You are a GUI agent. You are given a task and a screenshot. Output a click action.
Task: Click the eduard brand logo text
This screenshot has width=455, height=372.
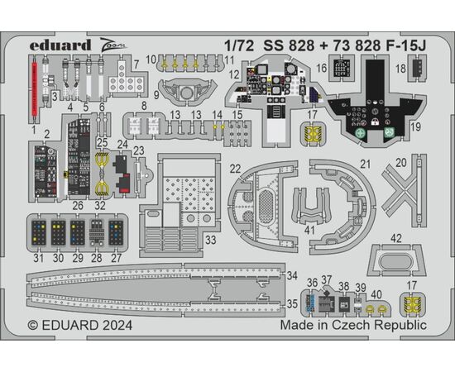tap(60, 45)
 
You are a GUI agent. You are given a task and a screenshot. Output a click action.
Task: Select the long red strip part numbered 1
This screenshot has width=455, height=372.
tap(34, 88)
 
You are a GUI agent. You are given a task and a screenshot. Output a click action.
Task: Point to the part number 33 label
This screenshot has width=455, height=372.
tap(211, 241)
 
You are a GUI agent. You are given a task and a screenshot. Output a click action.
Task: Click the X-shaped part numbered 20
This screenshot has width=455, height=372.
tap(404, 189)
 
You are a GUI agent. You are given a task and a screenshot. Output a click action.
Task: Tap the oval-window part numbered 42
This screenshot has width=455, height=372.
tap(396, 260)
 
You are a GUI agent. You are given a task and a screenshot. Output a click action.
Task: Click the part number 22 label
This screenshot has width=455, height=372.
tap(235, 169)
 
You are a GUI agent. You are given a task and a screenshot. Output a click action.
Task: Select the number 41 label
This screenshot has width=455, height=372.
tap(309, 230)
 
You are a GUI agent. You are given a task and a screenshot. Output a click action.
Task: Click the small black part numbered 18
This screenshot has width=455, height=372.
tap(417, 68)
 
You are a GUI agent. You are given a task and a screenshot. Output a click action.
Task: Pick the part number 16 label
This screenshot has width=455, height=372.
tap(322, 69)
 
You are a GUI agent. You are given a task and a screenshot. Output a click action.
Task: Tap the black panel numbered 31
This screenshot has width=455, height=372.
tap(39, 233)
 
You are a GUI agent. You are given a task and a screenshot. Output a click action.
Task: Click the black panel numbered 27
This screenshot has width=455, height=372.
tap(116, 233)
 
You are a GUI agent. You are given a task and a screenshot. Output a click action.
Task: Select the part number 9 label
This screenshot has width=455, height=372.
tap(156, 95)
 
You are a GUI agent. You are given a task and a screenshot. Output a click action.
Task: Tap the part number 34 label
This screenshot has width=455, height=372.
tap(292, 276)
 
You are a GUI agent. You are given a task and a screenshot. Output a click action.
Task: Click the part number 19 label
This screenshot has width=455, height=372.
tap(415, 126)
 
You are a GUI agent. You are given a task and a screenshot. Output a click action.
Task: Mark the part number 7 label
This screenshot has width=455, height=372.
tap(136, 64)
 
